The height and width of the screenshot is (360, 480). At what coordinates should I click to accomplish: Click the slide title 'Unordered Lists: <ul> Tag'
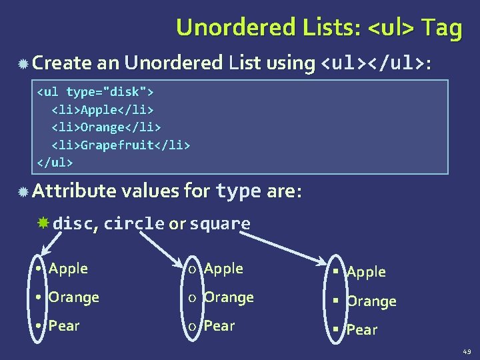coord(319,28)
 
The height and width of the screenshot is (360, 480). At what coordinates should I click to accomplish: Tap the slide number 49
coord(466,351)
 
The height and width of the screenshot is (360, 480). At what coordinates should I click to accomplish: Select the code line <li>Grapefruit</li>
coord(121,145)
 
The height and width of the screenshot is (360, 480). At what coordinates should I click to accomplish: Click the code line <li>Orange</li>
coord(107,127)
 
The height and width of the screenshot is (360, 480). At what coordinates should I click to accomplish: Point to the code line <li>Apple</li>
coord(103,109)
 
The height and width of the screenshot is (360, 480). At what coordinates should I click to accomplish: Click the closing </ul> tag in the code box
coord(55,163)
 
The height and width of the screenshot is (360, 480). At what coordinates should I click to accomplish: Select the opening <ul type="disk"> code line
coord(95,91)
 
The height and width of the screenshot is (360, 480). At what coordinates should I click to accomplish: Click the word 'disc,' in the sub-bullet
coord(75,224)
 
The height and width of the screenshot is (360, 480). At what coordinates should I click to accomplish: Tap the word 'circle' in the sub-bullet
coord(133,224)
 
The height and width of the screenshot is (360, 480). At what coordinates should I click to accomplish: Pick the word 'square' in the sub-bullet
coord(220,224)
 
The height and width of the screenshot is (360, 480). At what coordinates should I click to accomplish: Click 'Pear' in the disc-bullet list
coord(64,326)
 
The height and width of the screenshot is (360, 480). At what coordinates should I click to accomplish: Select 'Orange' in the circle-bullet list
coord(229,297)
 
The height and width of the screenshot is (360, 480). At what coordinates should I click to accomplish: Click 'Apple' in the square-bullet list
coord(367,272)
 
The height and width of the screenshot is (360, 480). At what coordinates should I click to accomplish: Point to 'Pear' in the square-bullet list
coord(363,330)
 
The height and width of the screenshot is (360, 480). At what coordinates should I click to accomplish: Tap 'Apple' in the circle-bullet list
coord(223,269)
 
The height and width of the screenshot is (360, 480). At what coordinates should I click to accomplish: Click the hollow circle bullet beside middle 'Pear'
coord(192,327)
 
